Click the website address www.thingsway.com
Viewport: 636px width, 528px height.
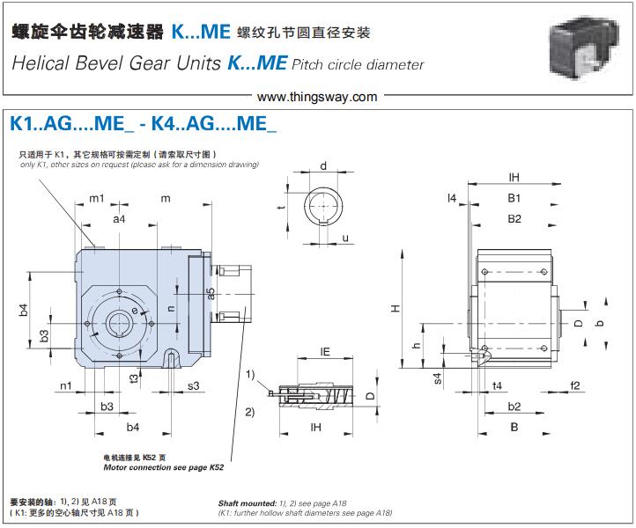318,97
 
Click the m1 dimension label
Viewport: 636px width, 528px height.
96,198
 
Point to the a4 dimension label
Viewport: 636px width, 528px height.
119,218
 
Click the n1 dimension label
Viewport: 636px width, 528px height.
66,385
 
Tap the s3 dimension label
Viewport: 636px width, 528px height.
193,385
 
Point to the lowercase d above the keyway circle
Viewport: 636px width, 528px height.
323,166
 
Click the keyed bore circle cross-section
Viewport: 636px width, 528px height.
322,208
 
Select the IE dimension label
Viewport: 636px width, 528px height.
324,351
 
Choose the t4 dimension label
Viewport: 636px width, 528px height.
497,385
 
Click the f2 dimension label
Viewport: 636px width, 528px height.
574,385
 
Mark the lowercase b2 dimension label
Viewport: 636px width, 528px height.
514,406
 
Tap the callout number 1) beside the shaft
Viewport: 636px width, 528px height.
249,375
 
